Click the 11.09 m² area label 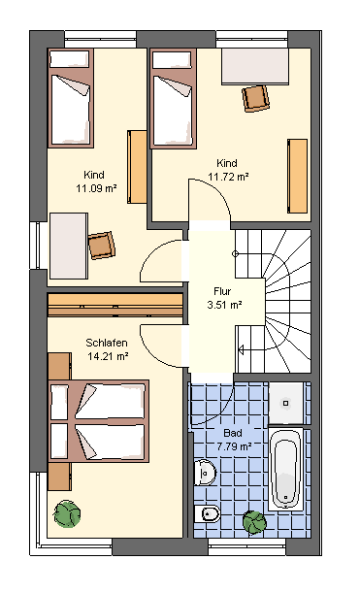(x=96, y=188)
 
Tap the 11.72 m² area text (x=228, y=177)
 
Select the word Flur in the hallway (x=222, y=291)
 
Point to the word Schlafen (x=107, y=343)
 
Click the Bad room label (x=233, y=433)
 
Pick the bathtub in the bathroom (x=286, y=469)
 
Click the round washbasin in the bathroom (x=205, y=473)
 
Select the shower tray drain (x=286, y=404)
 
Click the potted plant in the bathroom (x=254, y=522)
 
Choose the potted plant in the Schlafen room (x=67, y=513)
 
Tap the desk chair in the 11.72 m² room (x=255, y=98)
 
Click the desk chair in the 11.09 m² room (x=101, y=246)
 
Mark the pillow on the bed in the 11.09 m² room (x=70, y=58)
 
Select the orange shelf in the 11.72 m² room (x=297, y=176)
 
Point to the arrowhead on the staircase (x=241, y=349)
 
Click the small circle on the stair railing (x=235, y=253)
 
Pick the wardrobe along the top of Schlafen (x=115, y=305)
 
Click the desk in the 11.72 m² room (x=255, y=66)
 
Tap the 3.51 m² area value (x=224, y=305)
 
